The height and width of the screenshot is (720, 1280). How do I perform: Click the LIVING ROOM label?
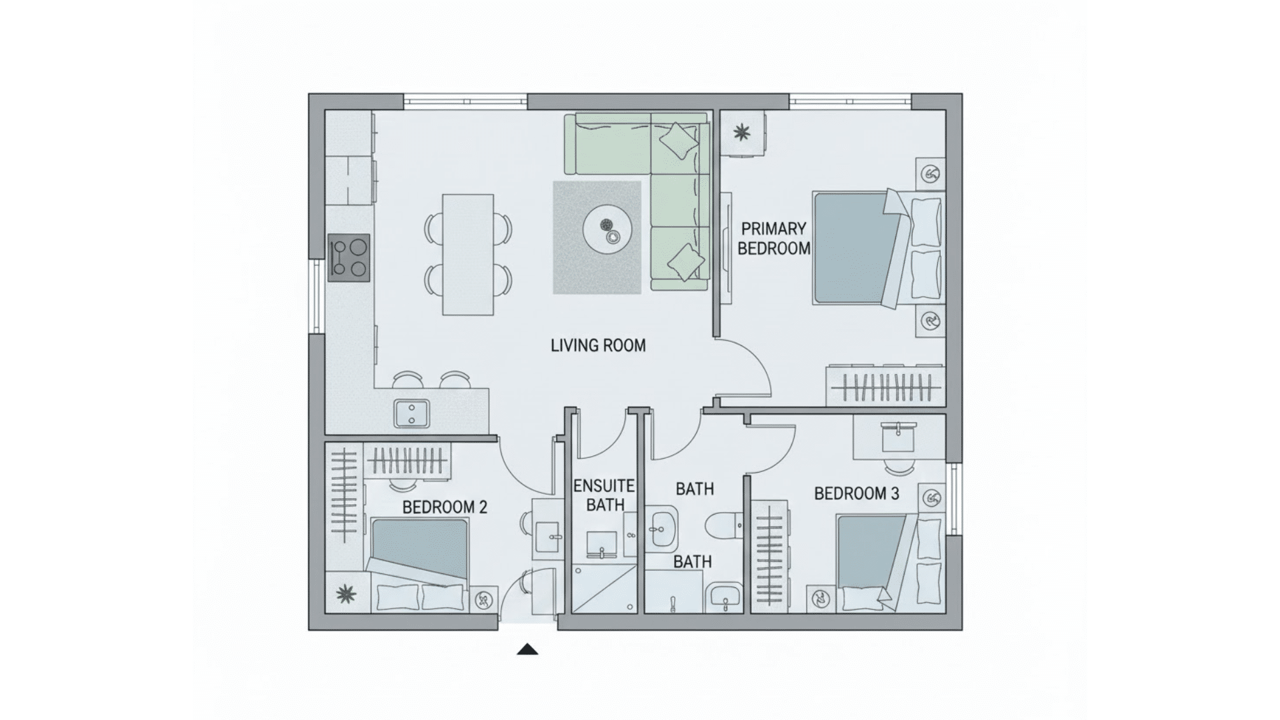pyautogui.click(x=598, y=345)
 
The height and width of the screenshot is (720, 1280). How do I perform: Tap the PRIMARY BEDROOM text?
pyautogui.click(x=773, y=239)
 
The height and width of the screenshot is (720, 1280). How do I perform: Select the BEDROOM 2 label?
pyautogui.click(x=445, y=507)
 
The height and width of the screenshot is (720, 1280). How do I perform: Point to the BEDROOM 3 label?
pyautogui.click(x=857, y=494)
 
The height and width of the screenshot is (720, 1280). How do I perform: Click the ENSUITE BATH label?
pyautogui.click(x=604, y=495)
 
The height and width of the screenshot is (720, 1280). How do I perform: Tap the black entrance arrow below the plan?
pyautogui.click(x=527, y=649)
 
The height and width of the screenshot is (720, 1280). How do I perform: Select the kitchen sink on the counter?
pyautogui.click(x=411, y=413)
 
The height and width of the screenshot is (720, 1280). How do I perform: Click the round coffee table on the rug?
pyautogui.click(x=607, y=230)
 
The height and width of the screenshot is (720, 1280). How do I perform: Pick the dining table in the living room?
pyautogui.click(x=469, y=255)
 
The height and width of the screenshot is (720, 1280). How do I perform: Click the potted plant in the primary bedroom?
pyautogui.click(x=741, y=133)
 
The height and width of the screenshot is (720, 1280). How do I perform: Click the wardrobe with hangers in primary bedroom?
pyautogui.click(x=885, y=387)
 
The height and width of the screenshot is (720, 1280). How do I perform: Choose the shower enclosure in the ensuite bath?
pyautogui.click(x=604, y=589)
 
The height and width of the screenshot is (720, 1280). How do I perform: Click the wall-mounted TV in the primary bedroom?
pyautogui.click(x=726, y=249)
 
